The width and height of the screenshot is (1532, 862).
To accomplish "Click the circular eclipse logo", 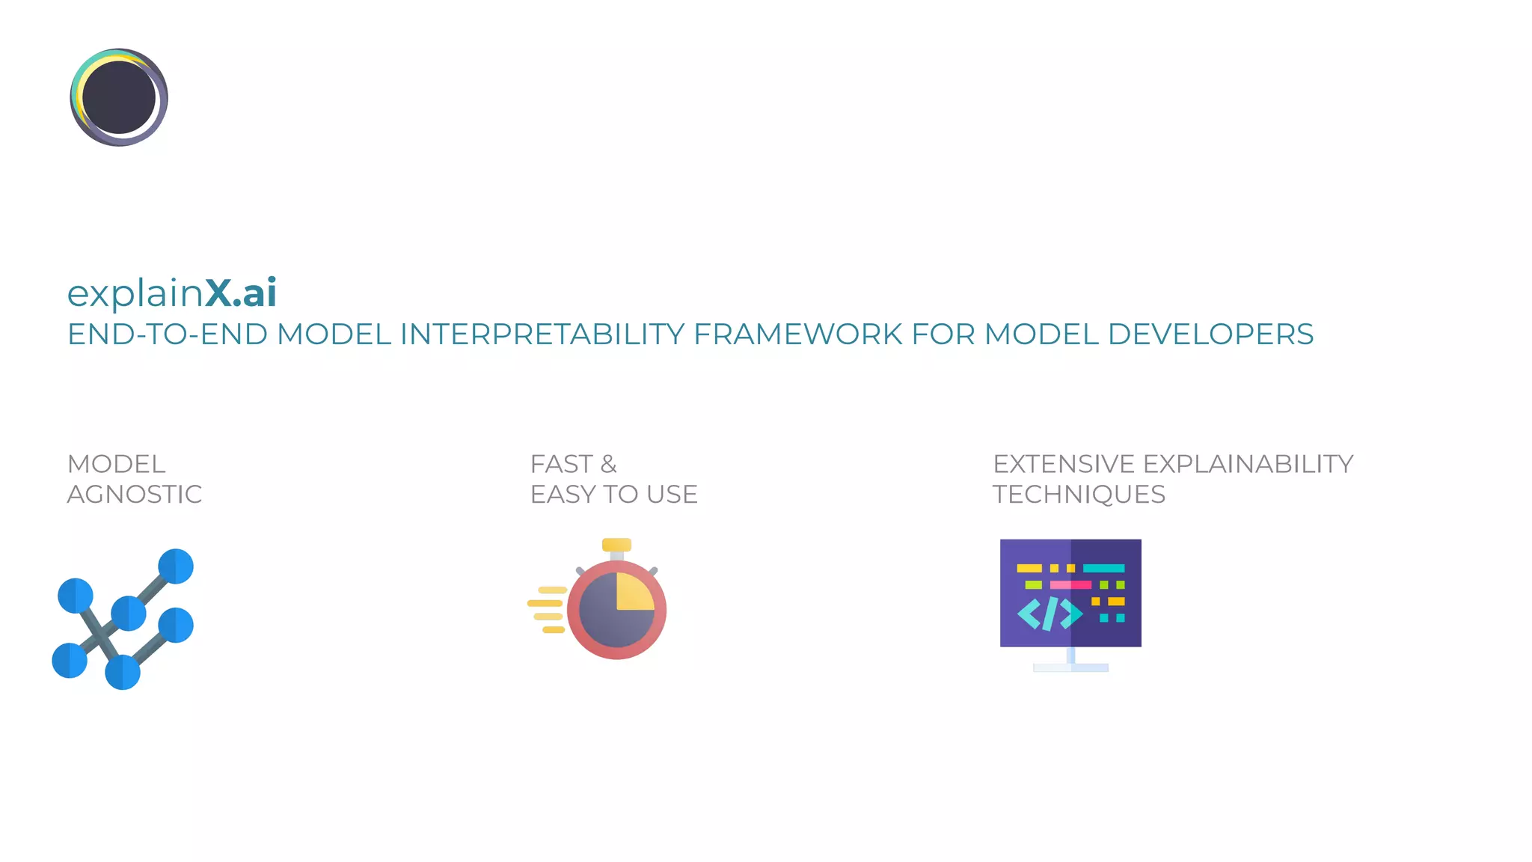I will [x=119, y=97].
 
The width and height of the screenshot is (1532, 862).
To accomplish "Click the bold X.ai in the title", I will [x=241, y=293].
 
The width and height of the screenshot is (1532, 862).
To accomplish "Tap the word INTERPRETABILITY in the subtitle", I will [x=542, y=334].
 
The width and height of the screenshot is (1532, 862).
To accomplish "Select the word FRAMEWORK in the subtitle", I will [x=797, y=334].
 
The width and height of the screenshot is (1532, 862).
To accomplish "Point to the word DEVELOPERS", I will [x=1210, y=334].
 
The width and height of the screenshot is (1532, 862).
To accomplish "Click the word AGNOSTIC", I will [x=135, y=495].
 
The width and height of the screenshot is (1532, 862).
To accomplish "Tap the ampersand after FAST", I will [x=609, y=464].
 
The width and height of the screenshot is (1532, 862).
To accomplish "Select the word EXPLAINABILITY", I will [x=1248, y=464].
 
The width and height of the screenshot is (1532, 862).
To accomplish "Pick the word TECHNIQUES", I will [x=1079, y=495].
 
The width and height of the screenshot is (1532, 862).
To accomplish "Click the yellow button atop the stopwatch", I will [x=616, y=545].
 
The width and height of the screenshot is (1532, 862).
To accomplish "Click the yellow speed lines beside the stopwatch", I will [x=547, y=610].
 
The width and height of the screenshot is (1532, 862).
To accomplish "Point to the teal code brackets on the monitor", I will [x=1050, y=614].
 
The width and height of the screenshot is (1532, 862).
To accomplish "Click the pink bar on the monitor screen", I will [x=1070, y=584].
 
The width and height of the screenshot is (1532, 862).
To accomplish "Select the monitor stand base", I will [x=1070, y=667].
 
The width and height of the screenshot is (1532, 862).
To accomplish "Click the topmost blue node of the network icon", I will [x=176, y=566].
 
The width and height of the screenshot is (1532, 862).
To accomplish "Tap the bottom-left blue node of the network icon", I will [x=70, y=661].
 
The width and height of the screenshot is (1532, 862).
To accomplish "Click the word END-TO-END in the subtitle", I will [x=168, y=334].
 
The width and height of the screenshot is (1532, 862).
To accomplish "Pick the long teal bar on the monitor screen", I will [x=1103, y=568].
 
